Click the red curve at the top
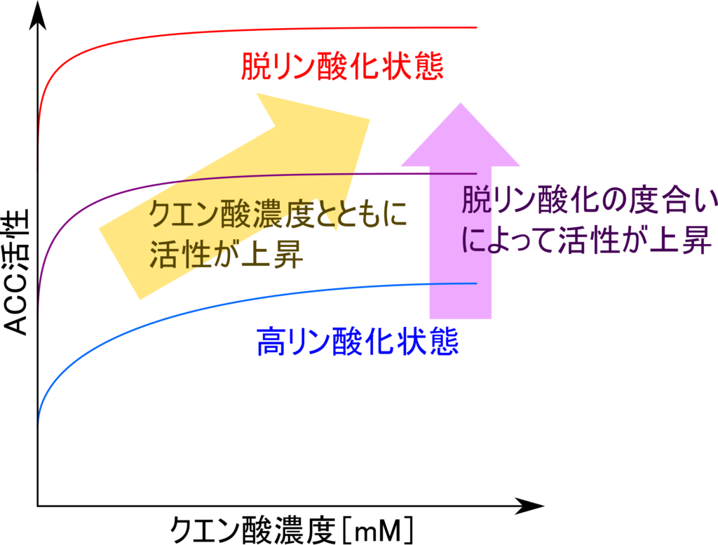pyautogui.click(x=280, y=30)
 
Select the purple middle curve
pyautogui.click(x=280, y=175)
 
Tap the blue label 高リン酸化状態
pyautogui.click(x=358, y=342)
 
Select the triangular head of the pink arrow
pyautogui.click(x=460, y=137)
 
